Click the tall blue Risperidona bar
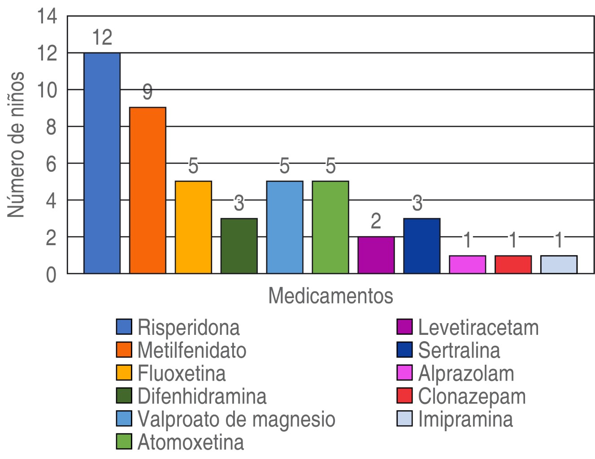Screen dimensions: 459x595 click(102, 163)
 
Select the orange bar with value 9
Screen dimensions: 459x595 click(148, 190)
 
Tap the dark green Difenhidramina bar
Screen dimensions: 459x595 click(239, 246)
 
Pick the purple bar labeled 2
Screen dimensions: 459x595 click(376, 255)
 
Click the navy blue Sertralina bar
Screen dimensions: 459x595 click(421, 246)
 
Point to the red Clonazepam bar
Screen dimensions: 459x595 click(513, 264)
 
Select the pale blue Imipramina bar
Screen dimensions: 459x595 click(559, 264)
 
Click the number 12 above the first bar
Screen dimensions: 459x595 click(102, 38)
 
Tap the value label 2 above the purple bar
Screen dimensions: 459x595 click(376, 221)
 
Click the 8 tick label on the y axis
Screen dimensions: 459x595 click(51, 127)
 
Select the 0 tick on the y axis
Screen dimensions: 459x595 click(51, 274)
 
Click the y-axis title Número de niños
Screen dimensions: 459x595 click(16, 144)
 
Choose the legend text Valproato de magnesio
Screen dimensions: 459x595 click(236, 419)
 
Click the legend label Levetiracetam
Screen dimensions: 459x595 click(478, 328)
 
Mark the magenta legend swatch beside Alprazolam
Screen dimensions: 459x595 click(404, 373)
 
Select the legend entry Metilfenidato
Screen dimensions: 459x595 click(192, 350)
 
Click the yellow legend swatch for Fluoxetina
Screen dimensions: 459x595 click(124, 373)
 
